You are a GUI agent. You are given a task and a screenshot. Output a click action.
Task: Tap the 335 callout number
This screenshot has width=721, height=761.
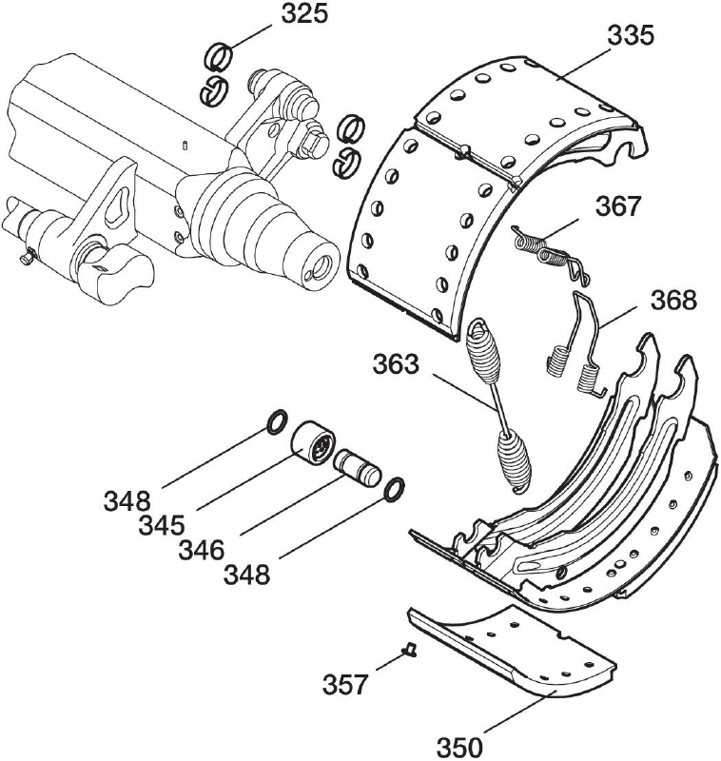pyautogui.click(x=633, y=36)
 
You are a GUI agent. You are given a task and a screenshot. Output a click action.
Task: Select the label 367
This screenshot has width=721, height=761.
pyautogui.click(x=620, y=205)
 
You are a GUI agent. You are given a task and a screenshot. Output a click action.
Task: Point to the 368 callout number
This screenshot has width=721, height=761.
pyautogui.click(x=673, y=300)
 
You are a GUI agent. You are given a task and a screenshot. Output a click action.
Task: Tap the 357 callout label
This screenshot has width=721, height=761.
pyautogui.click(x=346, y=684)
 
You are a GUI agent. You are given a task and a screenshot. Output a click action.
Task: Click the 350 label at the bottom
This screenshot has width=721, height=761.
pyautogui.click(x=459, y=742)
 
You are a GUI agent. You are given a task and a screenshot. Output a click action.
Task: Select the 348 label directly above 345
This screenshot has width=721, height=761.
pyautogui.click(x=127, y=499)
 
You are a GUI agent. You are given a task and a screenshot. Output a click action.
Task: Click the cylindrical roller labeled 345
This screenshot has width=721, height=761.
pyautogui.click(x=311, y=444)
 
